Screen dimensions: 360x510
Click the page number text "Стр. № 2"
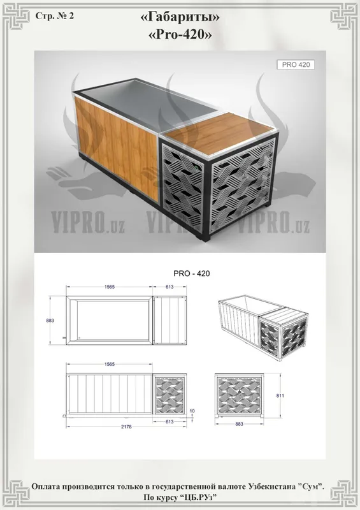(x=55, y=16)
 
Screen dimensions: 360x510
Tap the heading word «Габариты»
(x=180, y=18)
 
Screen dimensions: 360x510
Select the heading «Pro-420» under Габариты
(x=180, y=34)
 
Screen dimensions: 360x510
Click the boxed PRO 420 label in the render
(x=296, y=64)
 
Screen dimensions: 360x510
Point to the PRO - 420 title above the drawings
(x=192, y=273)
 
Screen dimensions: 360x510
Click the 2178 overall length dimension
(x=126, y=426)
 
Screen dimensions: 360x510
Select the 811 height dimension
(x=280, y=395)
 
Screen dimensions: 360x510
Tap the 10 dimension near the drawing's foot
(x=192, y=411)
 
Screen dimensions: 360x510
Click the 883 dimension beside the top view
(x=50, y=321)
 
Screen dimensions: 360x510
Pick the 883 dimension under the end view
(x=239, y=424)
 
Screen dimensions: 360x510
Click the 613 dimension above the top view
(x=169, y=287)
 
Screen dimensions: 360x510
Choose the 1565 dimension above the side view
(x=110, y=364)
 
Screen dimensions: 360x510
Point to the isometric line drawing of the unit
(x=263, y=326)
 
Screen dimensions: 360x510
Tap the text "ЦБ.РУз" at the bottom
(x=198, y=497)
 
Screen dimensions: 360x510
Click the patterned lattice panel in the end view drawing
(x=239, y=394)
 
